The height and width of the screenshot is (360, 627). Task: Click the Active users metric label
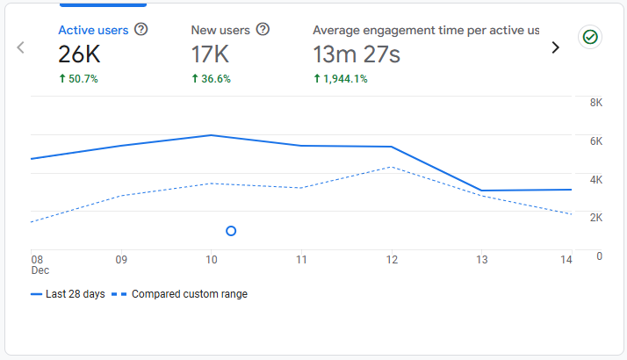tap(93, 30)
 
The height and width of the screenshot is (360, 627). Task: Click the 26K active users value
tap(81, 55)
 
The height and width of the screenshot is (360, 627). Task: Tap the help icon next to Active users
tap(141, 30)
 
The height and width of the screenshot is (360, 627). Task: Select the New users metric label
tap(220, 30)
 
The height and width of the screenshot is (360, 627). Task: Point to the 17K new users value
tap(212, 55)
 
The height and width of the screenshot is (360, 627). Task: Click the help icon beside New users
tap(262, 30)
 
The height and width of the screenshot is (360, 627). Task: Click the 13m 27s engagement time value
tap(357, 55)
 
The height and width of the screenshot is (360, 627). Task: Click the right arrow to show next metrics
tap(555, 47)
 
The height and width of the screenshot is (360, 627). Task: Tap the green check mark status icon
tap(590, 37)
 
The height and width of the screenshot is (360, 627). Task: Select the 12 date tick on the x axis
tap(392, 260)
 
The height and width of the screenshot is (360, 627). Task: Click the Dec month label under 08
tap(40, 271)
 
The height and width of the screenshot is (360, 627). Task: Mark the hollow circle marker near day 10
tap(231, 231)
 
